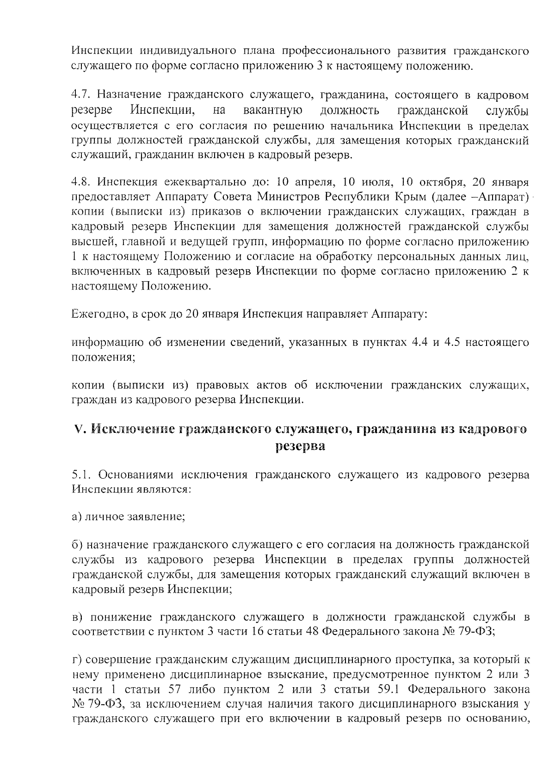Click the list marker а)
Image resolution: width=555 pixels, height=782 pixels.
(77, 517)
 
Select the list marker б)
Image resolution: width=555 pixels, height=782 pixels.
(77, 546)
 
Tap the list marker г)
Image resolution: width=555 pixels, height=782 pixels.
(77, 659)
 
